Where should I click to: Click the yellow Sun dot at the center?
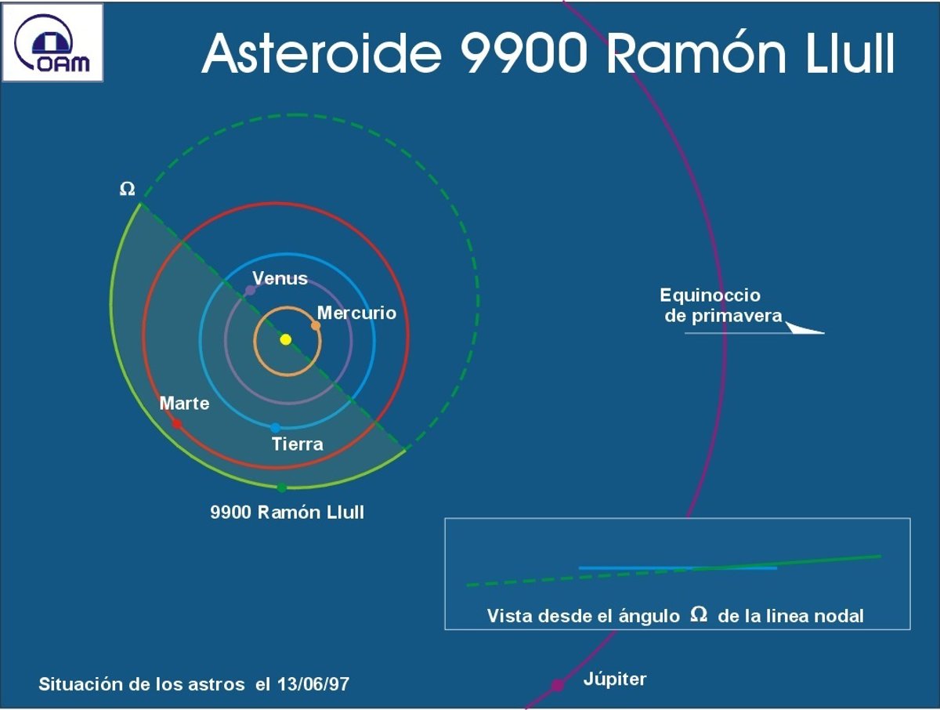click(x=286, y=339)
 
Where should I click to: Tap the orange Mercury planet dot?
click(x=316, y=325)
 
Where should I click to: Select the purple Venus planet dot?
click(x=250, y=290)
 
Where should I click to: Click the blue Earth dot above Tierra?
click(x=276, y=427)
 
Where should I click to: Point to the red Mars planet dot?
click(x=177, y=424)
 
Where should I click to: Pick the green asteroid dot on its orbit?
click(x=281, y=487)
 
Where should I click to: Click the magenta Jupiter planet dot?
click(x=557, y=685)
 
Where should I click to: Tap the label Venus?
click(x=280, y=278)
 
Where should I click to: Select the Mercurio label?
click(x=356, y=313)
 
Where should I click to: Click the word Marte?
click(x=185, y=404)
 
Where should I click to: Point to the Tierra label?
click(x=298, y=444)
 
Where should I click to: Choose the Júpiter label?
click(x=615, y=679)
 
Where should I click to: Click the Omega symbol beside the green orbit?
click(x=127, y=189)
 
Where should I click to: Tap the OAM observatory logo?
click(x=52, y=42)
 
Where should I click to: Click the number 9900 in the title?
click(x=523, y=53)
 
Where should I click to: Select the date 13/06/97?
click(x=313, y=684)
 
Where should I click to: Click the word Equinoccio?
click(x=710, y=295)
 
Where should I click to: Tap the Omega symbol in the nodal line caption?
click(x=699, y=614)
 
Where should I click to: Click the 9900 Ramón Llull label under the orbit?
click(x=287, y=513)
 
